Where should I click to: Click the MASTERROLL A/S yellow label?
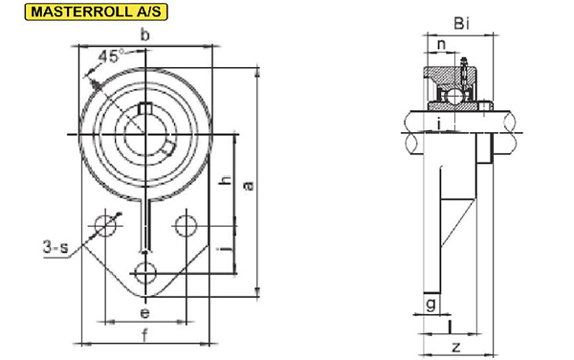point(96,11)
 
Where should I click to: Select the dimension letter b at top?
point(145,35)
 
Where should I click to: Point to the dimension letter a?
point(249,186)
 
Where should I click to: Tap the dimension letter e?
point(145,313)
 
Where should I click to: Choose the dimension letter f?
point(145,335)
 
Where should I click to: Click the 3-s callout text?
point(55,247)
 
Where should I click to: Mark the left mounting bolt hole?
point(105,226)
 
